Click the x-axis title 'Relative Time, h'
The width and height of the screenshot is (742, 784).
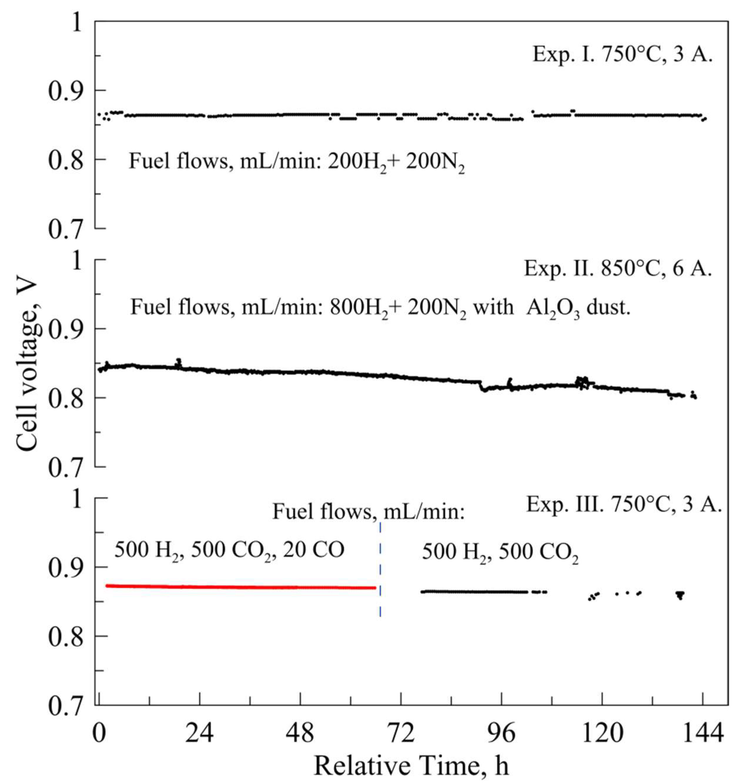click(411, 765)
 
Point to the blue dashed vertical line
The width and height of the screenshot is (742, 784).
click(380, 570)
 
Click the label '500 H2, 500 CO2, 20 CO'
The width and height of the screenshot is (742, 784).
click(229, 550)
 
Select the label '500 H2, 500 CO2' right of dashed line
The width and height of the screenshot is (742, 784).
click(500, 552)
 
